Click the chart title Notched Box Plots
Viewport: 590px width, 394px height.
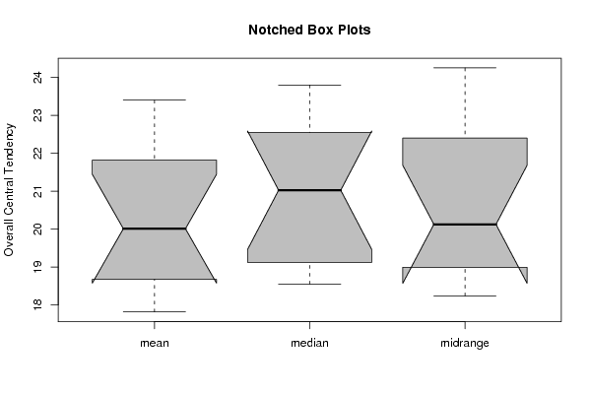pos(309,30)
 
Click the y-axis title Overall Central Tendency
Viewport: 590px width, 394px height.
pos(9,190)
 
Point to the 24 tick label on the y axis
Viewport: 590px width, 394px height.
pos(37,78)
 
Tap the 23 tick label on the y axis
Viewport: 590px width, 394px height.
pos(37,115)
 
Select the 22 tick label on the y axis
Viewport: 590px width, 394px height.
pos(37,153)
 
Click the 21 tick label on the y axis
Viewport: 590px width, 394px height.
pos(37,191)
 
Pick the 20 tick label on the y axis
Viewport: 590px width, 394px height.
pos(37,229)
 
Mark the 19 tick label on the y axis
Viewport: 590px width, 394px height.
pos(37,267)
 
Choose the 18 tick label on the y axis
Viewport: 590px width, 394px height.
pos(37,304)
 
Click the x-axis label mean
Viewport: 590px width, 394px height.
pos(155,343)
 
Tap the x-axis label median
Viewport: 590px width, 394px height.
pos(309,343)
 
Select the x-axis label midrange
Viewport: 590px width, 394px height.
pos(465,343)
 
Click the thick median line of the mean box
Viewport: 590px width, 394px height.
pos(155,229)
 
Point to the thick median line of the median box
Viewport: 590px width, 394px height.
pos(309,190)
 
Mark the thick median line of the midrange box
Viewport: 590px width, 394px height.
pos(465,225)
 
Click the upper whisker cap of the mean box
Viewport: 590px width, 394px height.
pos(155,99)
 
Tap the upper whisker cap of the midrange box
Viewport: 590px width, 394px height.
pos(465,68)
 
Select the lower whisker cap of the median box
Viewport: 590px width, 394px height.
pos(309,284)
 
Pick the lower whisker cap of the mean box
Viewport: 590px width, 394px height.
pos(155,311)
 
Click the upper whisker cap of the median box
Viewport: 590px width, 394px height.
pos(309,85)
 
